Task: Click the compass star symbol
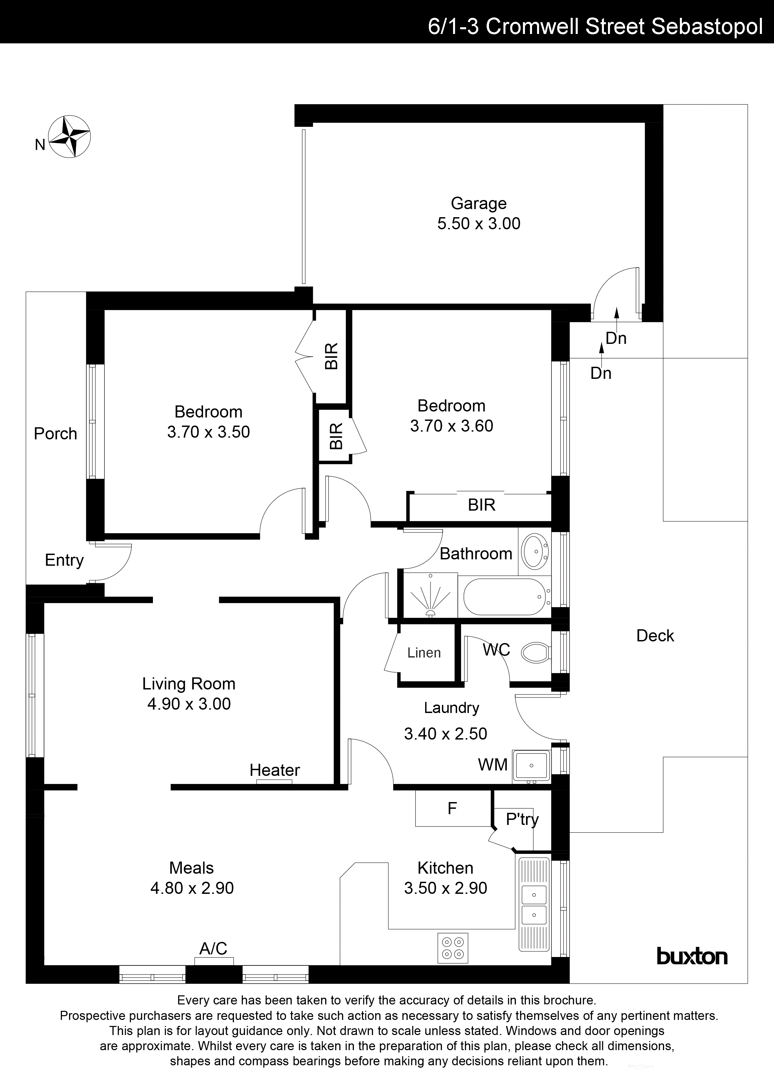(x=70, y=136)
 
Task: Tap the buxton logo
(x=692, y=956)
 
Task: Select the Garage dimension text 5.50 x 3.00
(x=479, y=224)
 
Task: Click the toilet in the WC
(x=536, y=653)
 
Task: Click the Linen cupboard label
(x=424, y=653)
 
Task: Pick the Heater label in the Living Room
(x=275, y=770)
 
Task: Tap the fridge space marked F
(x=452, y=809)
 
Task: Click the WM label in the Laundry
(x=493, y=764)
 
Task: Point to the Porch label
(x=55, y=433)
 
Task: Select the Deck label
(x=655, y=636)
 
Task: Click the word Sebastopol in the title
(x=707, y=27)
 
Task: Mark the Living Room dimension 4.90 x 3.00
(x=189, y=704)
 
